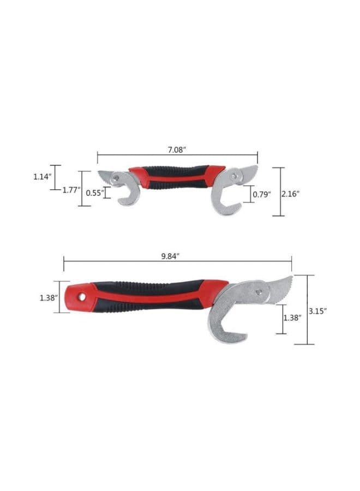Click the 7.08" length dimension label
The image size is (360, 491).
tap(177, 149)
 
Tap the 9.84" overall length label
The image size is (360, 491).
tap(170, 256)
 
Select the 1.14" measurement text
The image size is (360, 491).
tap(42, 177)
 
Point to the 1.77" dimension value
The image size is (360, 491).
tap(71, 190)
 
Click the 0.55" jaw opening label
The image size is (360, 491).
tap(95, 193)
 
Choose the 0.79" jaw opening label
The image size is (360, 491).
tap(262, 194)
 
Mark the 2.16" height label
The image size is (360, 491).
tap(290, 194)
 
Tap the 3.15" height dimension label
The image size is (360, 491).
tap(318, 311)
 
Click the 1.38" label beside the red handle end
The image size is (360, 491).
tap(49, 298)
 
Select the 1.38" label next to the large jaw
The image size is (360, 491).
tap(292, 318)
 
